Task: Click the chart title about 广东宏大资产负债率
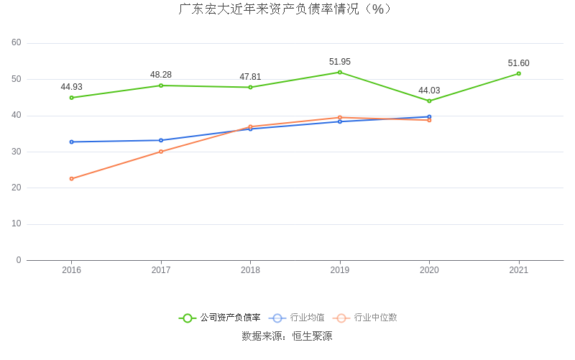(287, 9)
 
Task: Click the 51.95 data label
(340, 62)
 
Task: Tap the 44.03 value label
(429, 91)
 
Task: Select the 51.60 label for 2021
(518, 63)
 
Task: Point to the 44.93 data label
(71, 87)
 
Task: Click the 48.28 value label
(161, 75)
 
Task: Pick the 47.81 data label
(250, 77)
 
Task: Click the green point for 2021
(518, 73)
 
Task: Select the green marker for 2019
(340, 72)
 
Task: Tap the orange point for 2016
(71, 178)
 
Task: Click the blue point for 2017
(161, 140)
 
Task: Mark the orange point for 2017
(161, 152)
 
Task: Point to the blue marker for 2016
(71, 142)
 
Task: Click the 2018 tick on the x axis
(250, 270)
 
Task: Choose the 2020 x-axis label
(429, 270)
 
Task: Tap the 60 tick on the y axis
(17, 42)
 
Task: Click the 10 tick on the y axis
(17, 223)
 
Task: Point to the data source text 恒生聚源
(312, 336)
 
